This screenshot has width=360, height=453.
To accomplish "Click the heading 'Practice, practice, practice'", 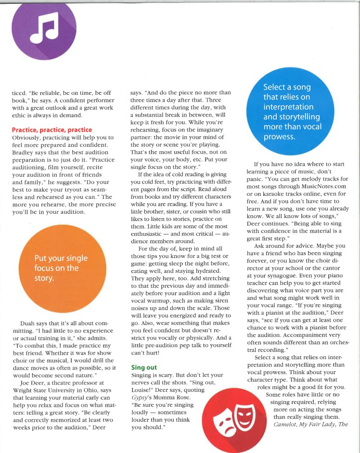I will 52,130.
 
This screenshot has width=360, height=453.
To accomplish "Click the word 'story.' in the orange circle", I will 44,278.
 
